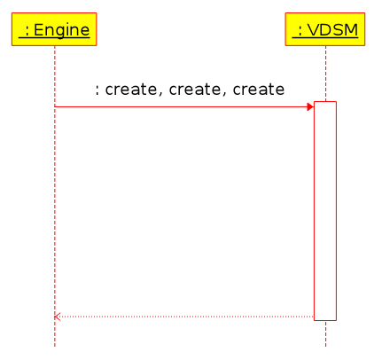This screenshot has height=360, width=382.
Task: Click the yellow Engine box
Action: click(54, 29)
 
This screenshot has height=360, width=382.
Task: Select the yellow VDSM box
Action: click(325, 29)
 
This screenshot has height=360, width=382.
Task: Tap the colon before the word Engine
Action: click(27, 31)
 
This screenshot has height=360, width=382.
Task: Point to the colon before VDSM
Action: click(300, 31)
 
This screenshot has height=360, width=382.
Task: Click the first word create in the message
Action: click(131, 89)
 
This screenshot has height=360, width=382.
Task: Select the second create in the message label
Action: click(195, 89)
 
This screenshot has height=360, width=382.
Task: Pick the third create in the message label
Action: click(259, 89)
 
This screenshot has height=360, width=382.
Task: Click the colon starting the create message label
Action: click(97, 90)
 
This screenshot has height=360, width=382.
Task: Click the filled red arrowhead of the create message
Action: click(310, 106)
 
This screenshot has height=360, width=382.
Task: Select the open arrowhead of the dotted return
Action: click(58, 317)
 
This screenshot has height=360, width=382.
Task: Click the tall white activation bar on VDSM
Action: click(325, 211)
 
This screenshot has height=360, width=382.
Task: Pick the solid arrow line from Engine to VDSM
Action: click(183, 106)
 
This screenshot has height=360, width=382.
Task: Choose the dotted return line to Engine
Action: click(183, 317)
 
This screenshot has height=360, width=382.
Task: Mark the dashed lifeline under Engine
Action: click(55, 196)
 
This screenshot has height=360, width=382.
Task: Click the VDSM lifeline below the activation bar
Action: click(325, 334)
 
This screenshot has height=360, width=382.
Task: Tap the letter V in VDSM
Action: click(313, 30)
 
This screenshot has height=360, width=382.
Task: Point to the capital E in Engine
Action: click(38, 30)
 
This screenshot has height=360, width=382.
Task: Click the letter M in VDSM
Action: click(351, 30)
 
